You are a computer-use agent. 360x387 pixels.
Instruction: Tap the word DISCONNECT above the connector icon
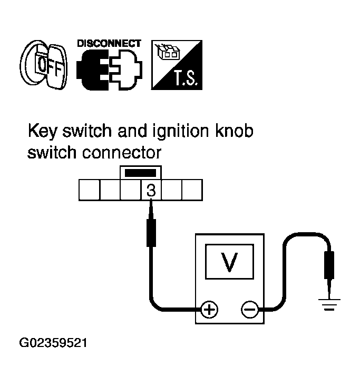click(109, 44)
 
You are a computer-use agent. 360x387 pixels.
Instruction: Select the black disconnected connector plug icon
click(109, 70)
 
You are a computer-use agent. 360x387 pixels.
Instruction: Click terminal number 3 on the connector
click(151, 190)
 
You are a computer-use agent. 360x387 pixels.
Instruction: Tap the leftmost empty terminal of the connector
click(89, 190)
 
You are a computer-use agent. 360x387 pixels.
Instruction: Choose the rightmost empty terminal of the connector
click(192, 190)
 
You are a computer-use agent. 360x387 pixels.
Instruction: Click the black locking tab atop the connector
click(141, 173)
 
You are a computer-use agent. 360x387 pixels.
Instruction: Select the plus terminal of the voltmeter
click(210, 309)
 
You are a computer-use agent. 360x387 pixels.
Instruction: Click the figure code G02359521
click(53, 344)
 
